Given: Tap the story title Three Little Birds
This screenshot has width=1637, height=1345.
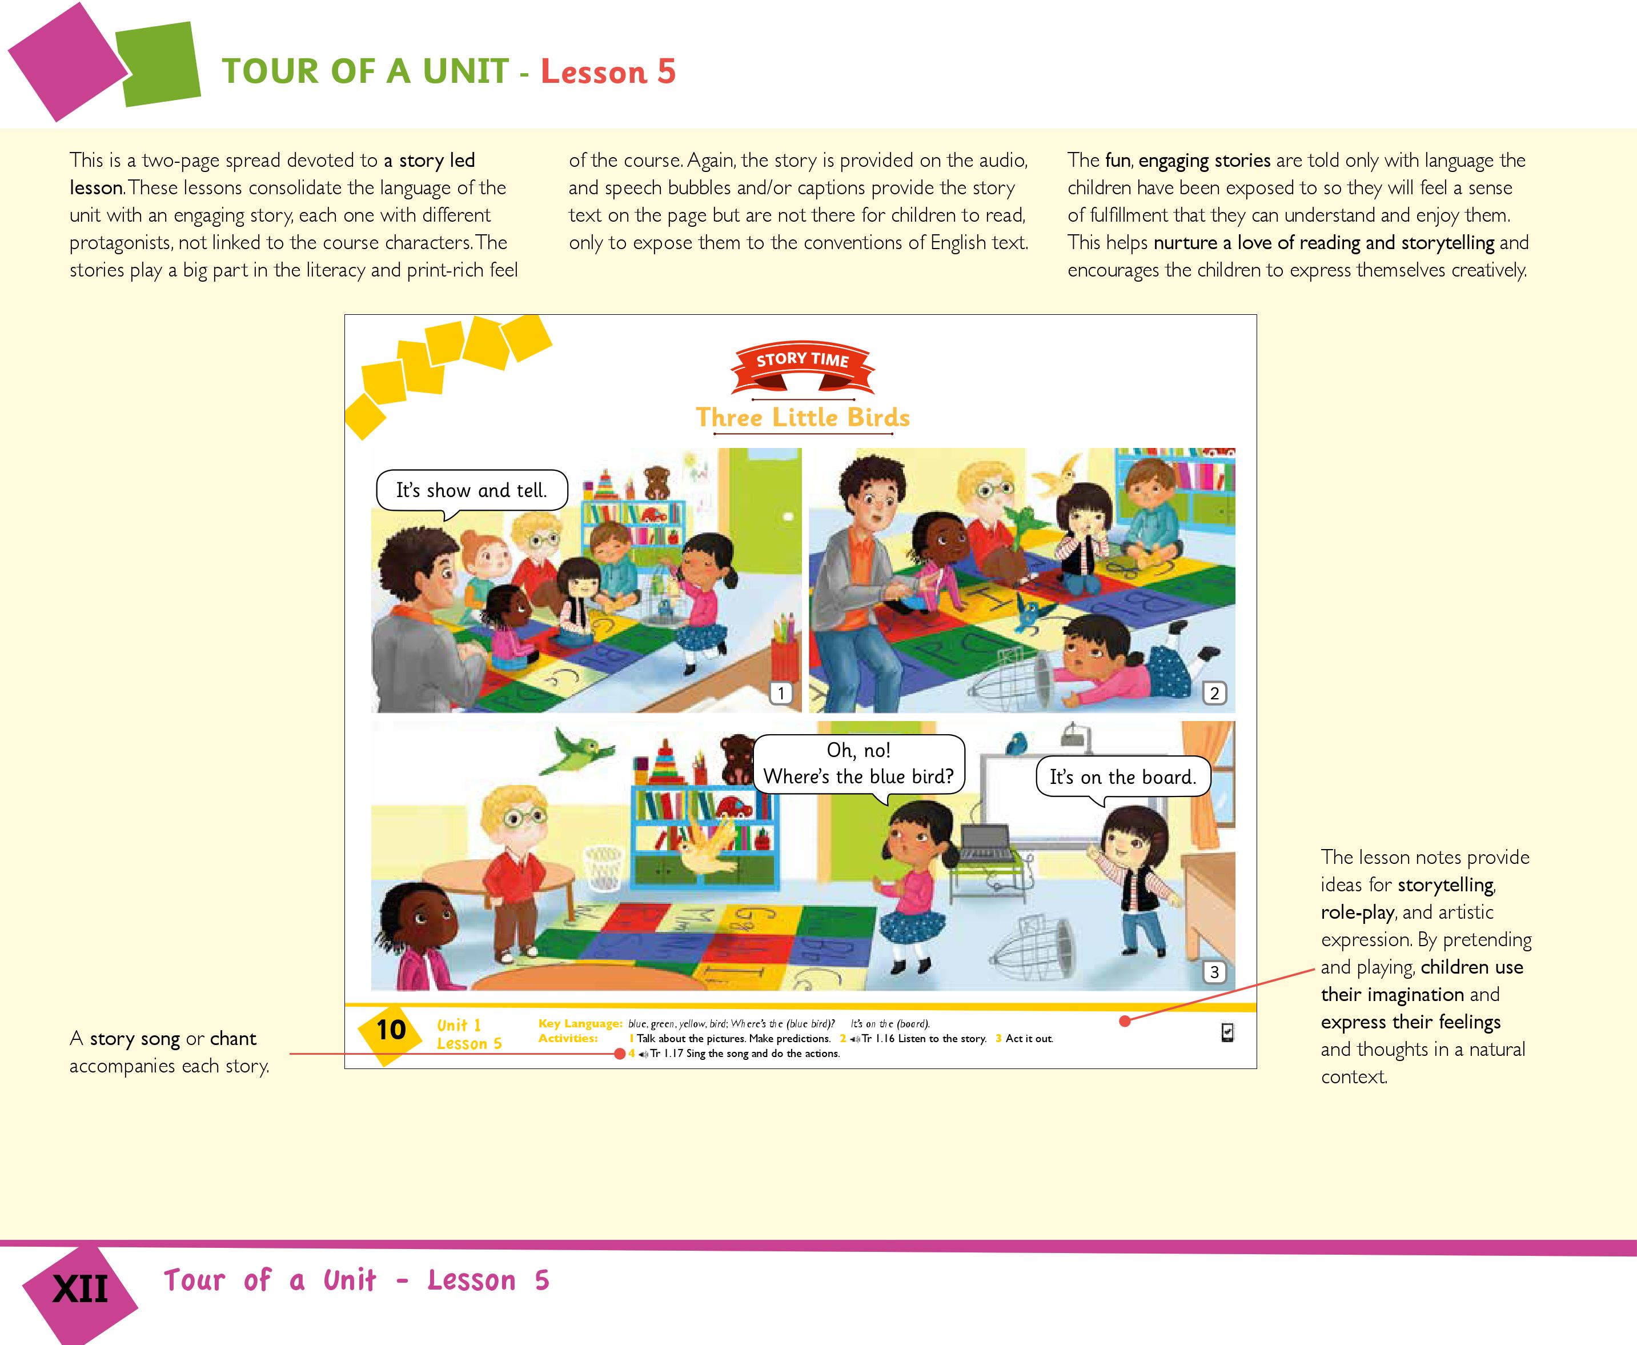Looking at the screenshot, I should [x=803, y=418].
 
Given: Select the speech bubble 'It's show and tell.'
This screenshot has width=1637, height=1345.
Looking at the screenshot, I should [x=472, y=490].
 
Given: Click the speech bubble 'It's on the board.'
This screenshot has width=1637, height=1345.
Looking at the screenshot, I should [x=1122, y=777].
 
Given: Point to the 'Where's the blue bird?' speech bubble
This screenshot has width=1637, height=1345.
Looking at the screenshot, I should [x=858, y=764].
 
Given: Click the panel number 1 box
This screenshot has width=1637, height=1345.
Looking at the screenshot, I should [x=781, y=692].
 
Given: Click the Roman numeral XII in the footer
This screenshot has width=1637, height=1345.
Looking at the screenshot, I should [x=80, y=1289].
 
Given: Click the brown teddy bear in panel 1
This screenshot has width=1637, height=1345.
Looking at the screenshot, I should [x=657, y=483].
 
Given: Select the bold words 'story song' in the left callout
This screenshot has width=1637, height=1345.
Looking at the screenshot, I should [x=134, y=1039].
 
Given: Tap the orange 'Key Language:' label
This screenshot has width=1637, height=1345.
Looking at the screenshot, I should [x=580, y=1023].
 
